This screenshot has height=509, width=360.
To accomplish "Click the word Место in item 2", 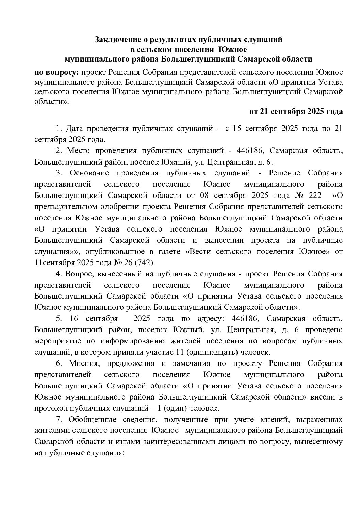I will click(x=78, y=151).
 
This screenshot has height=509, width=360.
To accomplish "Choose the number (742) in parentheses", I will click(x=146, y=262).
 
